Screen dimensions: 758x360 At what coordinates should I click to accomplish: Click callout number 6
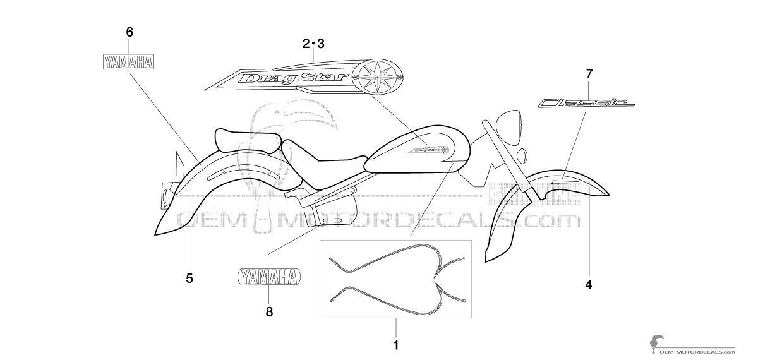point(129,32)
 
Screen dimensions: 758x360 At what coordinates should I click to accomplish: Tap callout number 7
point(589,74)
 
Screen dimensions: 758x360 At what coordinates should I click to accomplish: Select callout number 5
point(189,279)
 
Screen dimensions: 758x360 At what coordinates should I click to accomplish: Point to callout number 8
point(269,311)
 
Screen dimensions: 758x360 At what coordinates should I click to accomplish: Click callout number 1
point(395,345)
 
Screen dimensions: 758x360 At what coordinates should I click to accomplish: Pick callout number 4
point(589,285)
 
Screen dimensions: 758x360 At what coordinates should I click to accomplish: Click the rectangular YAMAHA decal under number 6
point(129,63)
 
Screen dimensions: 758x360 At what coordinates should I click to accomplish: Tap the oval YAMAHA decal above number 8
point(269,277)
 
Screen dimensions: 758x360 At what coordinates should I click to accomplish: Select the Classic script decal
point(586,103)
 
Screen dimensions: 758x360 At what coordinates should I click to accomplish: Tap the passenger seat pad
point(248,140)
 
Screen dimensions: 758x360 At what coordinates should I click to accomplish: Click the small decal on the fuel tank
point(429,150)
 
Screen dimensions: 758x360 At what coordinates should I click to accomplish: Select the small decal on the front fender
point(565,183)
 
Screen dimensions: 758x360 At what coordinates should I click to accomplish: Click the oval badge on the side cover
point(332,221)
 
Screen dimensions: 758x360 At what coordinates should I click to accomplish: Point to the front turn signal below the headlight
point(522,155)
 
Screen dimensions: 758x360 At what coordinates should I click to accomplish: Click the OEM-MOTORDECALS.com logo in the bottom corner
point(692,345)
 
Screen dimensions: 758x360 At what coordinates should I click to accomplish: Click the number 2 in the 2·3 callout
point(306,44)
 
